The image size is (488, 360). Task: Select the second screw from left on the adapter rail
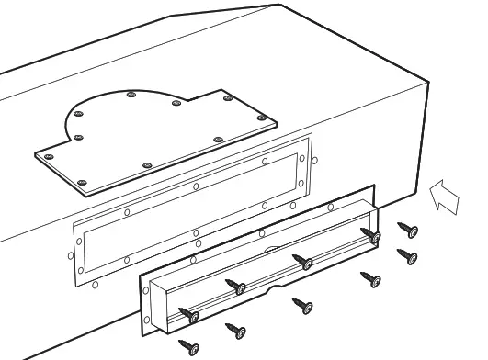click(239, 287)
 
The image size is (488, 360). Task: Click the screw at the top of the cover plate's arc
click(132, 95)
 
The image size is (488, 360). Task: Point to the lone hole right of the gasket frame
click(315, 162)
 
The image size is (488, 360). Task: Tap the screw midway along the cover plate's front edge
click(148, 164)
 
